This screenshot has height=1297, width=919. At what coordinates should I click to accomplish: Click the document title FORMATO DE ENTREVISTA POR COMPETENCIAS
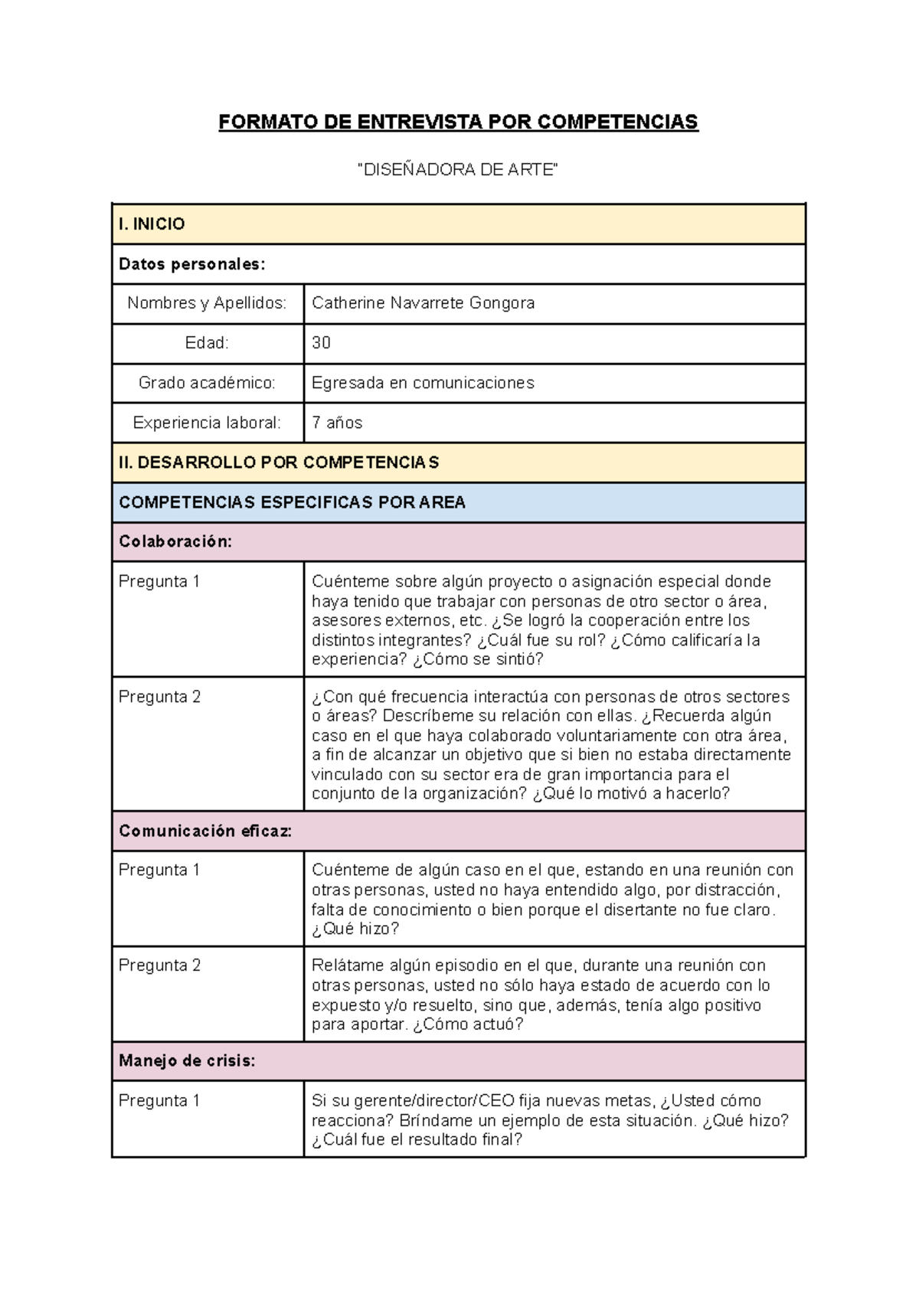458,123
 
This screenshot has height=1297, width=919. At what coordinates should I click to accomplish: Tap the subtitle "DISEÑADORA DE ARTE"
458,170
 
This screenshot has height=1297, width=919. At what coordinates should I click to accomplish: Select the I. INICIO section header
152,224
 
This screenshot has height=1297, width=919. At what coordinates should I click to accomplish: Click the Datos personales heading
191,264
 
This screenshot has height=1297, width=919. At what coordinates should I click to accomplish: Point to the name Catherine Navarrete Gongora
423,303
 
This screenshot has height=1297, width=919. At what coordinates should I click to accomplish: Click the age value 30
321,343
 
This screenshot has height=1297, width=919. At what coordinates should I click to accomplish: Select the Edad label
207,343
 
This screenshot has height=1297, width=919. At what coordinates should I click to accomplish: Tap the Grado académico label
207,383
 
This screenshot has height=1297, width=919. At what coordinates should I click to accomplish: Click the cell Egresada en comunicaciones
423,383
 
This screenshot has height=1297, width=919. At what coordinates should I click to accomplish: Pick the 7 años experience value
337,423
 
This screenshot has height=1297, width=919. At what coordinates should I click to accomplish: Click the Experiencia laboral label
207,423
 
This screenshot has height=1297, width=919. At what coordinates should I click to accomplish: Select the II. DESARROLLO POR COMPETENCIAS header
279,462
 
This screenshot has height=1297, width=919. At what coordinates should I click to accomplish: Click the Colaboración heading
175,542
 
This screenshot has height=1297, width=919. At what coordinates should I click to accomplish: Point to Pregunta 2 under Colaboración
159,697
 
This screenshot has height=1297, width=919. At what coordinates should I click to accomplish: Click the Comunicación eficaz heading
205,831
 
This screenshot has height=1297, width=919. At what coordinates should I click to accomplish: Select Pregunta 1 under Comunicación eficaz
159,871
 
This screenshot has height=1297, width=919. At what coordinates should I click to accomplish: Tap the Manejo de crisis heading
187,1061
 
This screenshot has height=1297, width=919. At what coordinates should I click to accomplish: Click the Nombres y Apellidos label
207,303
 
